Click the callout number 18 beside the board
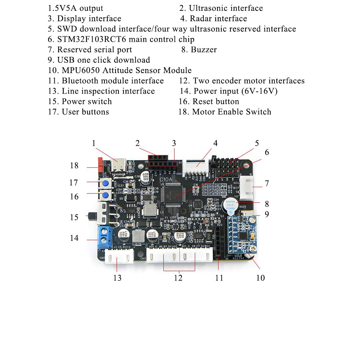pos(74,166)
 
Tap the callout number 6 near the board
pos(266,152)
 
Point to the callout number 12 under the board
pos(178,278)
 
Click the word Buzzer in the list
pos(204,50)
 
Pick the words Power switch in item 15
pos(87,102)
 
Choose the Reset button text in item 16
pos(216,102)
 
